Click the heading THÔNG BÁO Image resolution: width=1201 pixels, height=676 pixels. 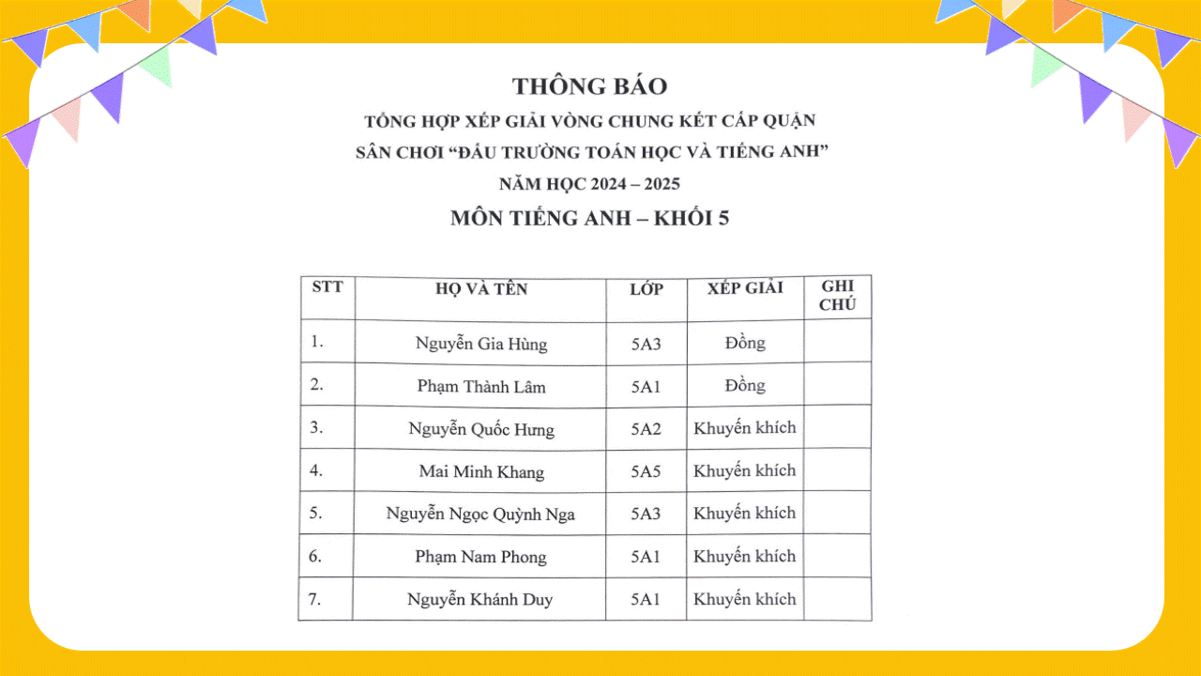[589, 86]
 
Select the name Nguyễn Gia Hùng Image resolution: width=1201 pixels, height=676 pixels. [480, 344]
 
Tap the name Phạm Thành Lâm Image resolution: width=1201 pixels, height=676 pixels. [480, 386]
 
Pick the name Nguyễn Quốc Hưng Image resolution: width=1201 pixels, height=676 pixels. [480, 429]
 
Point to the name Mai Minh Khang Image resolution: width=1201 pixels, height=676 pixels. [480, 471]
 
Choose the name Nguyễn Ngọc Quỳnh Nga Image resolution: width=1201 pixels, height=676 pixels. [480, 514]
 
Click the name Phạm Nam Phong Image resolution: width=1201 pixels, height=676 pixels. [480, 557]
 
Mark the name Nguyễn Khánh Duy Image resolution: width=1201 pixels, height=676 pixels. [480, 599]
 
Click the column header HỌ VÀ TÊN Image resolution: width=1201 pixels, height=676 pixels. [480, 289]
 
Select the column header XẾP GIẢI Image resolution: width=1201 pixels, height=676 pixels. [745, 288]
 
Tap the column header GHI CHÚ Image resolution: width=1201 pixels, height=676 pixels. [837, 296]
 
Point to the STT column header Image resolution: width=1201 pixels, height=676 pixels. [327, 286]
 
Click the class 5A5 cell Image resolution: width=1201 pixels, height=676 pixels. [646, 471]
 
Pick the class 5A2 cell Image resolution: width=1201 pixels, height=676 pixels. [646, 429]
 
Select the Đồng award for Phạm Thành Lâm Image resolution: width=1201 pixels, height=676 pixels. [745, 385]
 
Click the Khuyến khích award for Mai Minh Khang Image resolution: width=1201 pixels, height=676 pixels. [745, 470]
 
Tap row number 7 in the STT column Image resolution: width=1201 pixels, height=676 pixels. [315, 598]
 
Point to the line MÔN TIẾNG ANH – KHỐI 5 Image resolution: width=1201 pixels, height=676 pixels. [589, 219]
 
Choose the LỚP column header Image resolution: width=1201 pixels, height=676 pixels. [646, 289]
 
